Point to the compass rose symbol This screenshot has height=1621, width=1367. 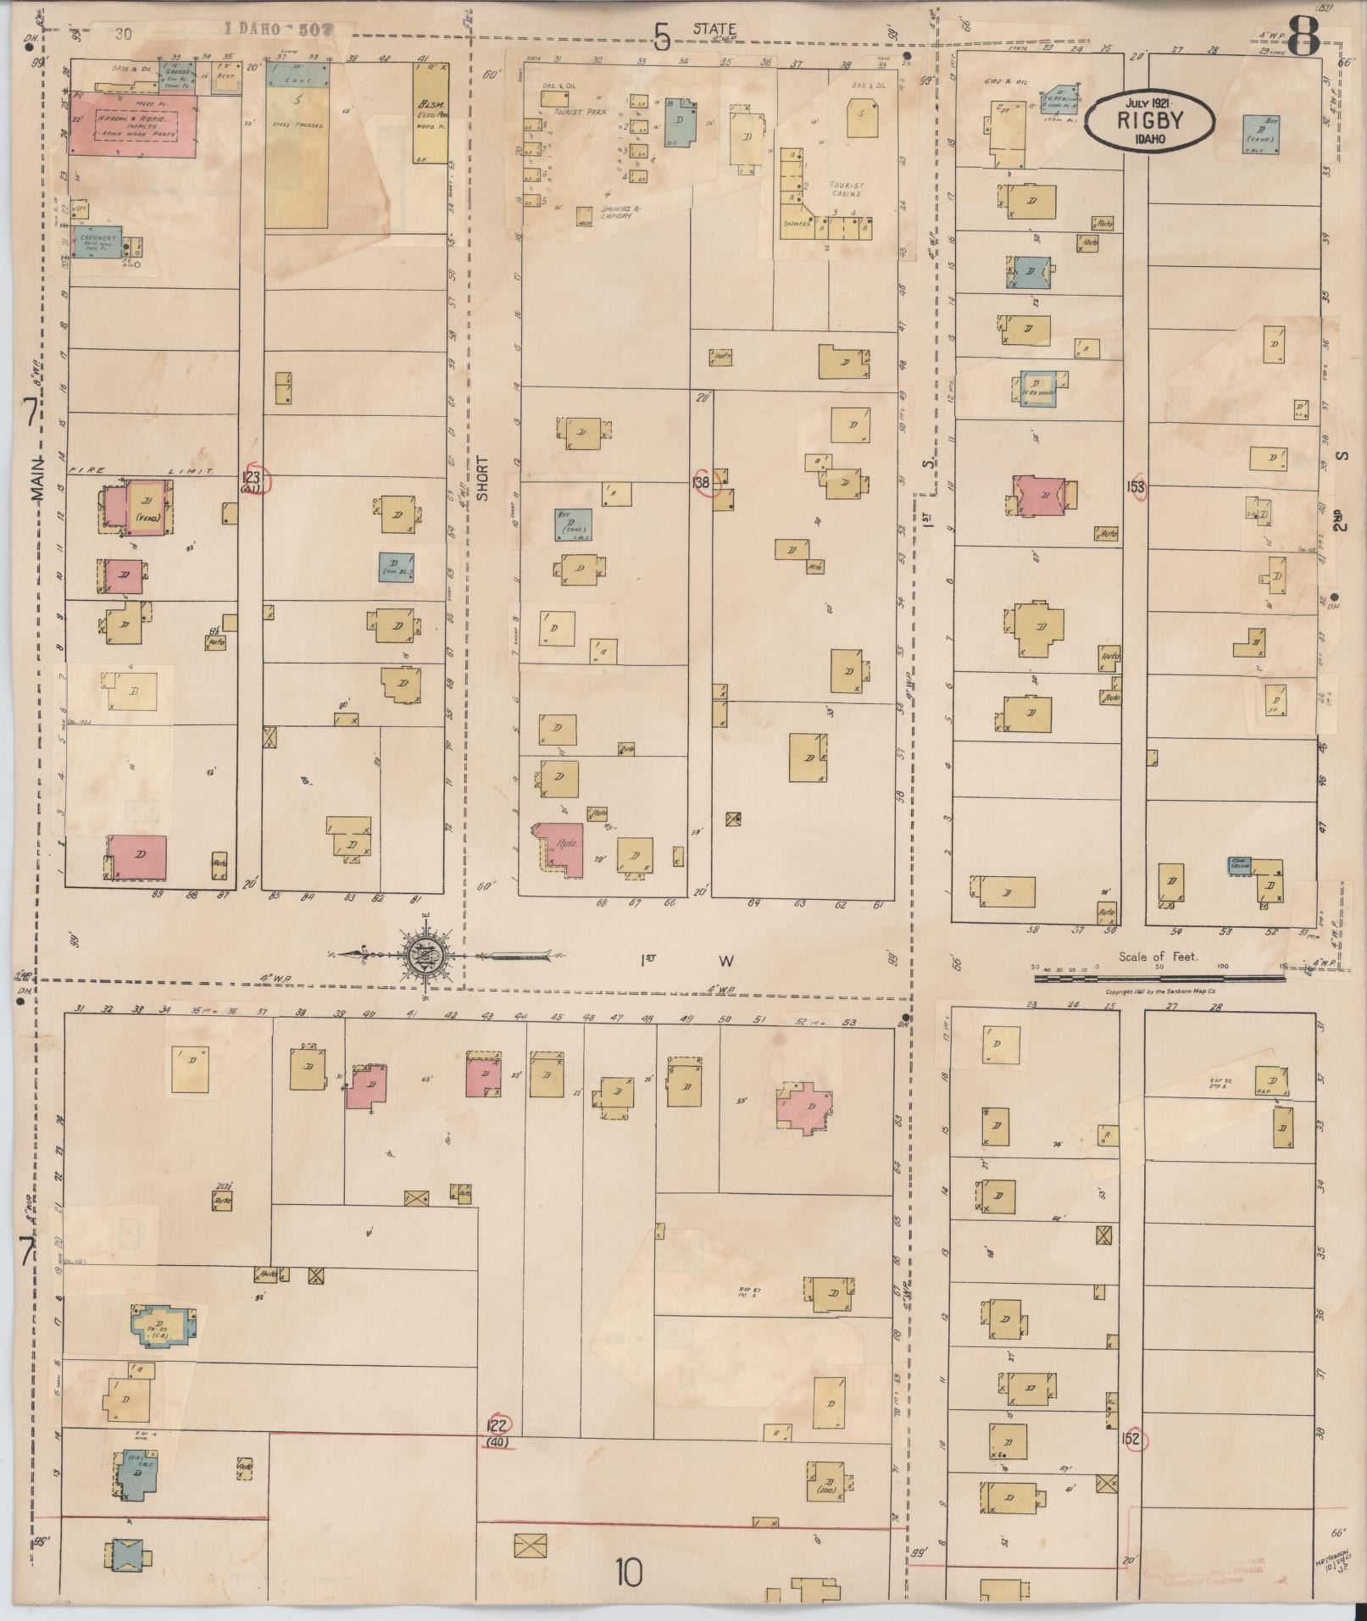(425, 955)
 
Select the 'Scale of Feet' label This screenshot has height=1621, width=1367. (1158, 957)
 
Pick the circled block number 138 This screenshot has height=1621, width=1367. (702, 482)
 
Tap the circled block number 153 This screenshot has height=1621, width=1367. (1136, 487)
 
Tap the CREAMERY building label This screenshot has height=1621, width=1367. (96, 239)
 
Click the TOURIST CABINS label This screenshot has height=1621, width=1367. (844, 189)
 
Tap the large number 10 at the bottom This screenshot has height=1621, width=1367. (630, 1574)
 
